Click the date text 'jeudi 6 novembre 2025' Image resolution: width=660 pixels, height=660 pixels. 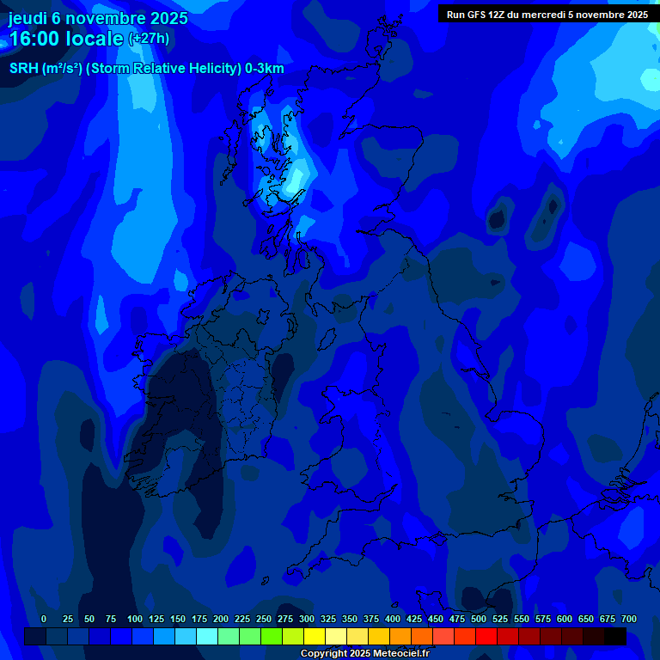point(98,18)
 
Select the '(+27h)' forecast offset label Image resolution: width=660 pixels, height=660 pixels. point(149,39)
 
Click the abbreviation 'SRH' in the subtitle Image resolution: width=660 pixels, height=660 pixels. point(23,69)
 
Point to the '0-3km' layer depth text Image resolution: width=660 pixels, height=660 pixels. point(264,69)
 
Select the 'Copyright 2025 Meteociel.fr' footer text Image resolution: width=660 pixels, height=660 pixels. point(364,654)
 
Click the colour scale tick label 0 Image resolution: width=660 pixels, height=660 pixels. point(44,620)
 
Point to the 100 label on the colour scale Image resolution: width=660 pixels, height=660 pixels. point(135,620)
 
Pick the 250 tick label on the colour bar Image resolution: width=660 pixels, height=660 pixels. point(264,620)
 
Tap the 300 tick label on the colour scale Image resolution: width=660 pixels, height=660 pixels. point(307,620)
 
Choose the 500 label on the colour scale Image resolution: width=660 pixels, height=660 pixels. point(479,620)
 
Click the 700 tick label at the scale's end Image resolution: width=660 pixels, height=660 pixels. point(629,620)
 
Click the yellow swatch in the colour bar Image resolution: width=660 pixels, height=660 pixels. point(315,637)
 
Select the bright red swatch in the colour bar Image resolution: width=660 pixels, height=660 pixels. point(486,637)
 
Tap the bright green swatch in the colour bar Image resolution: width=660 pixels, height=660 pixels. point(272,637)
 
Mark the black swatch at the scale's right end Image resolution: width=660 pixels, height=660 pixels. point(615,637)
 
